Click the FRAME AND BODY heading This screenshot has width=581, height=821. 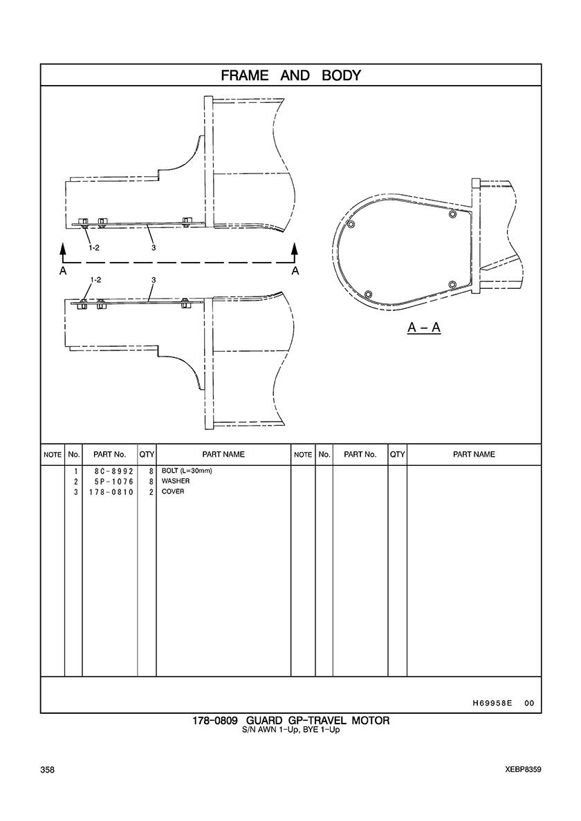tap(290, 75)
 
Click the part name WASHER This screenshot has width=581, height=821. tap(176, 481)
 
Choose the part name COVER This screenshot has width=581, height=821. tap(173, 491)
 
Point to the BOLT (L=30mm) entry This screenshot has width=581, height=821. tap(187, 471)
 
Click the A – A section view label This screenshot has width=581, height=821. tap(424, 328)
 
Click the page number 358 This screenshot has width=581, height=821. tap(47, 770)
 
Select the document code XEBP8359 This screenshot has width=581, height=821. tap(523, 770)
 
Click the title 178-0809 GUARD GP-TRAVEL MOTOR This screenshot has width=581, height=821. tap(290, 721)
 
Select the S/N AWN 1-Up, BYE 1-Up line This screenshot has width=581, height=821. tap(290, 730)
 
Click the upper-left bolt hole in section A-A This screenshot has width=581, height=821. tap(351, 225)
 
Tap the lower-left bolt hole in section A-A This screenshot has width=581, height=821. tap(368, 294)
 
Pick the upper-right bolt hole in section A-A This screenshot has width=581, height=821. tap(452, 214)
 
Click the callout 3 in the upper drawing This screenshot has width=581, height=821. tap(154, 247)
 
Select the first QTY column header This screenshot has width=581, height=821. tap(147, 455)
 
